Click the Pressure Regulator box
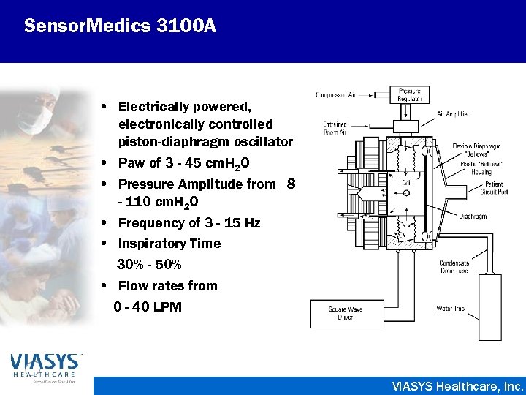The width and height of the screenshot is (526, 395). pos(409,95)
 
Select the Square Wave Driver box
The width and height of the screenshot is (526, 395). pos(346,314)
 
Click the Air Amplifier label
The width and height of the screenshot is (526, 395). pos(453,114)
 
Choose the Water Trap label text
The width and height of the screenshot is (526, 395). pos(451,309)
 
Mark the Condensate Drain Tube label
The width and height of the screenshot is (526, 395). pos(454,267)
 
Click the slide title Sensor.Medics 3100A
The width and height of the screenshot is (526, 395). pos(120,27)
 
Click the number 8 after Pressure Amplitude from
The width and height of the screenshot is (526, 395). pos(291,184)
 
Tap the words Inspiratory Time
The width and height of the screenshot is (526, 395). pos(169,244)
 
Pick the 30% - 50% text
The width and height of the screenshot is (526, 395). pos(149,264)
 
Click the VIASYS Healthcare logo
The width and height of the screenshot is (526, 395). pos(46,369)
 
